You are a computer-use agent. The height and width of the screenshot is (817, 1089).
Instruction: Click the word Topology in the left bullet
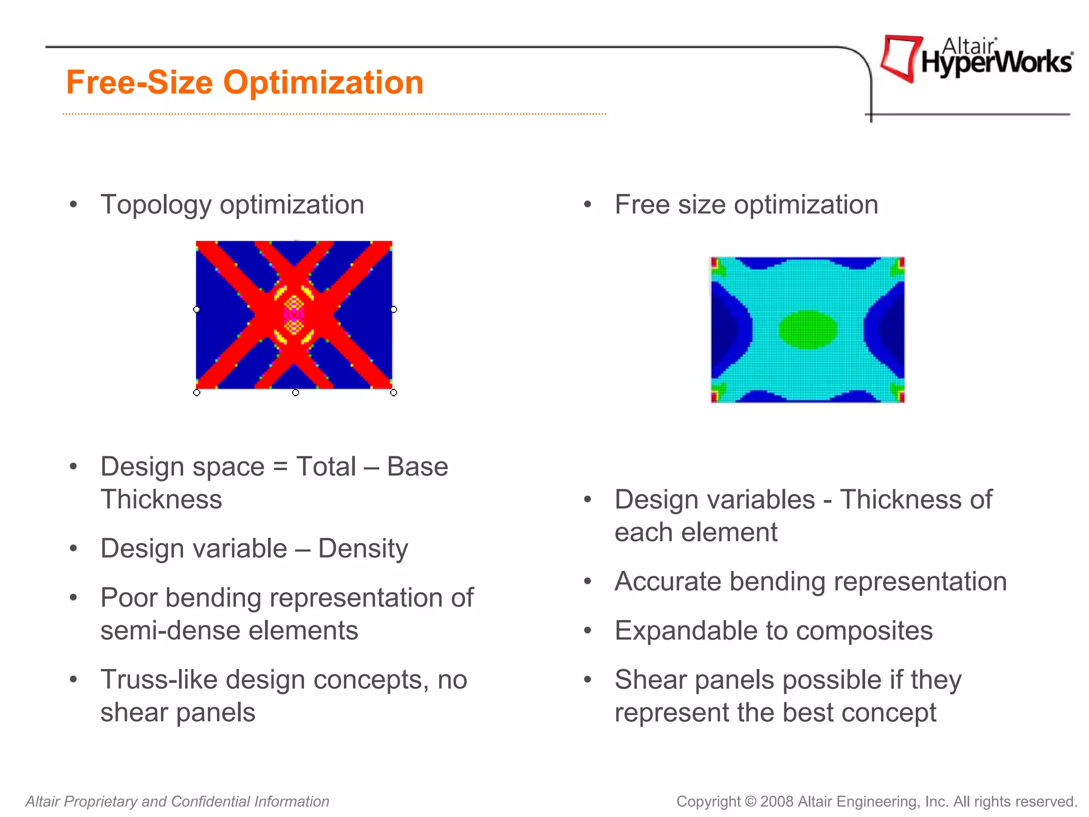tap(156, 205)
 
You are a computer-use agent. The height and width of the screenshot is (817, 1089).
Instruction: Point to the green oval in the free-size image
tap(808, 330)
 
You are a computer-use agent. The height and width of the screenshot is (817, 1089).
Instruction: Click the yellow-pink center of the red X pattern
tap(294, 315)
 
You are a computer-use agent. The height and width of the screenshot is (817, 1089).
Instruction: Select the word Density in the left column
tap(363, 548)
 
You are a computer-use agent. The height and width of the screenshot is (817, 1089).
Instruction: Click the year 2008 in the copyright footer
tap(777, 802)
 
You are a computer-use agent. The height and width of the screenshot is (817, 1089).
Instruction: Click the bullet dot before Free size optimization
tap(588, 205)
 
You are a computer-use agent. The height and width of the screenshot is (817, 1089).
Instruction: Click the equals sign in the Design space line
tap(280, 467)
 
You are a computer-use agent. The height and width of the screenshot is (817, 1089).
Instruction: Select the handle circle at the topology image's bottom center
tap(296, 393)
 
